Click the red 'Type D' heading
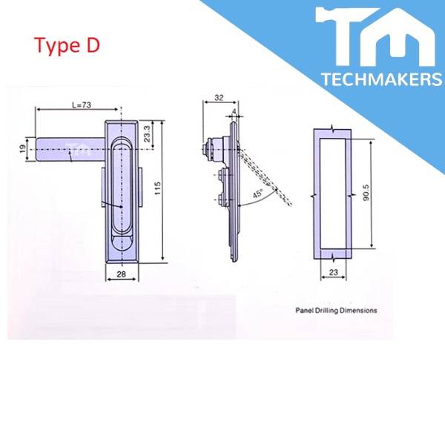[x=67, y=45]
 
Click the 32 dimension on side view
[x=218, y=96]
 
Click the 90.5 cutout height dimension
[x=376, y=195]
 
